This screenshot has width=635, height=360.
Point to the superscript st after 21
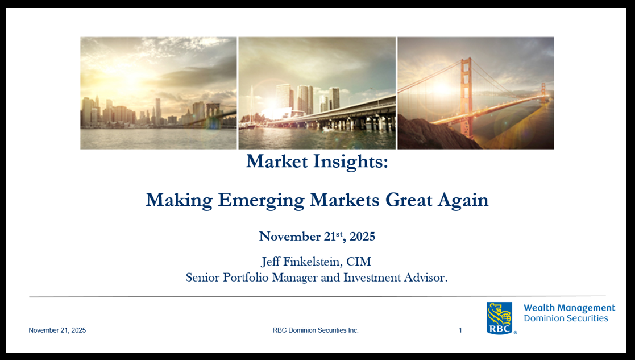click(x=339, y=233)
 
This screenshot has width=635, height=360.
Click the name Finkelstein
click(x=312, y=262)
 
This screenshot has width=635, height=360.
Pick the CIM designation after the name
click(x=359, y=262)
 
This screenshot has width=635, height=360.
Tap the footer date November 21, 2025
click(x=57, y=330)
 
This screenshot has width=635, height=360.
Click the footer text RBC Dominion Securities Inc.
click(x=316, y=330)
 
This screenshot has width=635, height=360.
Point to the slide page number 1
click(x=460, y=330)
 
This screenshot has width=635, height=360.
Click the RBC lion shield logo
click(x=500, y=318)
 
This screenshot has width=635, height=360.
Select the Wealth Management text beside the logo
click(x=570, y=308)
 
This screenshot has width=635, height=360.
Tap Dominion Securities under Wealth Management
click(x=566, y=318)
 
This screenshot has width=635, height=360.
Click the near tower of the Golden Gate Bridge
click(x=467, y=97)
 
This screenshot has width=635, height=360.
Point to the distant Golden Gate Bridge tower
click(x=543, y=93)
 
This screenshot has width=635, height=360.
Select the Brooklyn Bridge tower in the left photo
click(x=212, y=114)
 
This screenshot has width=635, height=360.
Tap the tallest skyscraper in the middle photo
click(x=284, y=97)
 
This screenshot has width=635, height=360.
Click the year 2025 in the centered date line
click(x=362, y=236)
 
